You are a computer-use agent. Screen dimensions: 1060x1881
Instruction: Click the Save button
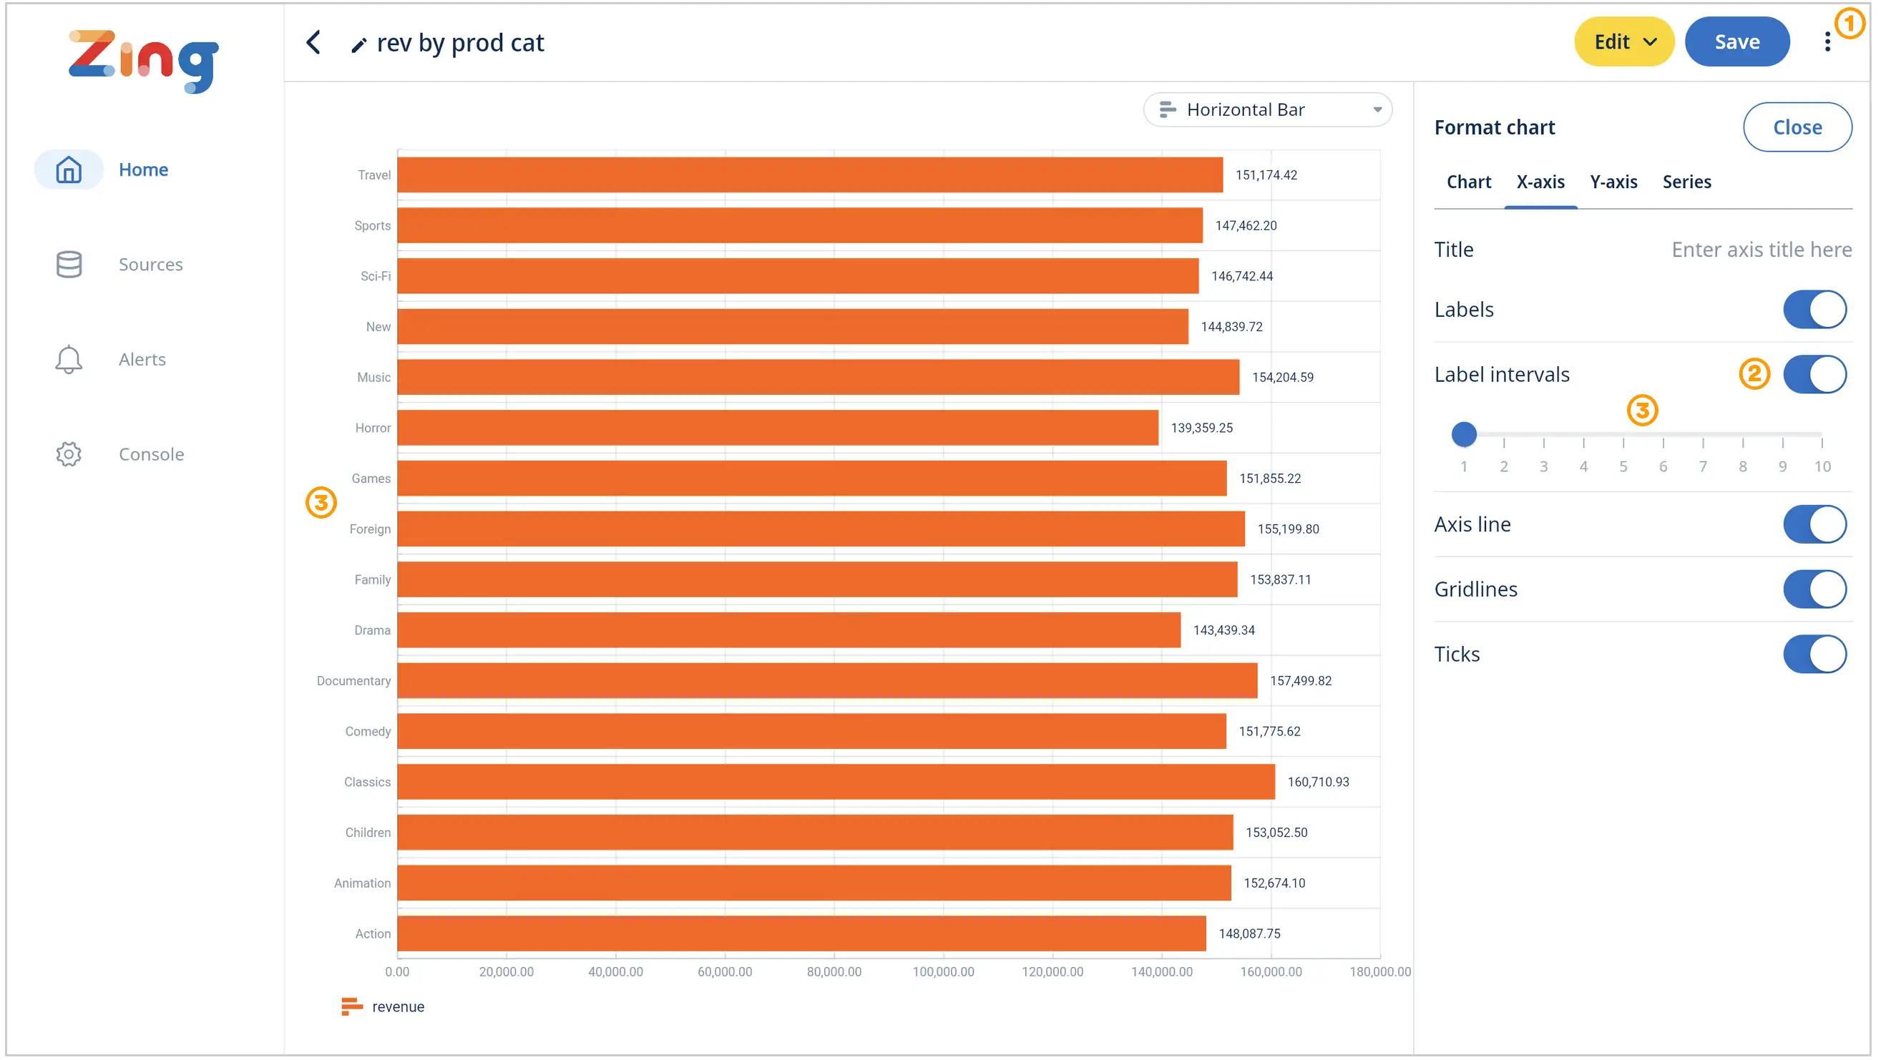(1736, 41)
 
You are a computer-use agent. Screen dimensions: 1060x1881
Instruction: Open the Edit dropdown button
(1623, 41)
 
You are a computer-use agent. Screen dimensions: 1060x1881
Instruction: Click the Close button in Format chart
(1797, 127)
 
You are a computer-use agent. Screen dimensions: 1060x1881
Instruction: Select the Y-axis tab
(1613, 182)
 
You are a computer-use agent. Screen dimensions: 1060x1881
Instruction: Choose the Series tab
(1686, 182)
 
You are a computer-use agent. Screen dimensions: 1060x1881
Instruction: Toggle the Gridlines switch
(1814, 589)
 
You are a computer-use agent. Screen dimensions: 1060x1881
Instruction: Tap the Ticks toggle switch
(1814, 654)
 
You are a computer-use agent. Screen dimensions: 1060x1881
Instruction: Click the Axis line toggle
(1814, 524)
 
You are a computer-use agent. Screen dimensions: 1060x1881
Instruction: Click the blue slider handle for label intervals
(1463, 434)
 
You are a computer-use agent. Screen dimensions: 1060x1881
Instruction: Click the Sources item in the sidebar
(150, 264)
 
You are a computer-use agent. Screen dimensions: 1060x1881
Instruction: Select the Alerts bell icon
(69, 359)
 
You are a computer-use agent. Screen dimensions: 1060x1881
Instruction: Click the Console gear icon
(69, 454)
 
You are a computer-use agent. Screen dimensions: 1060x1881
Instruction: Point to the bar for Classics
(836, 782)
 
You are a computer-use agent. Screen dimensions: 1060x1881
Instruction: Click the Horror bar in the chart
(777, 428)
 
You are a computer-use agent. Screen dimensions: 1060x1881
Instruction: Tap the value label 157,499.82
(1300, 681)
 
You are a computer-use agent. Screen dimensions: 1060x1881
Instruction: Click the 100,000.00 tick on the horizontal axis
(943, 971)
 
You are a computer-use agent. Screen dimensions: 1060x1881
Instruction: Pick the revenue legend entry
(383, 1006)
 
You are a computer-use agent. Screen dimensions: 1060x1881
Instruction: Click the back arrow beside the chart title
(313, 42)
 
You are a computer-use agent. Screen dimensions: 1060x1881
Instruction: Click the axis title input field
(1761, 250)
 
